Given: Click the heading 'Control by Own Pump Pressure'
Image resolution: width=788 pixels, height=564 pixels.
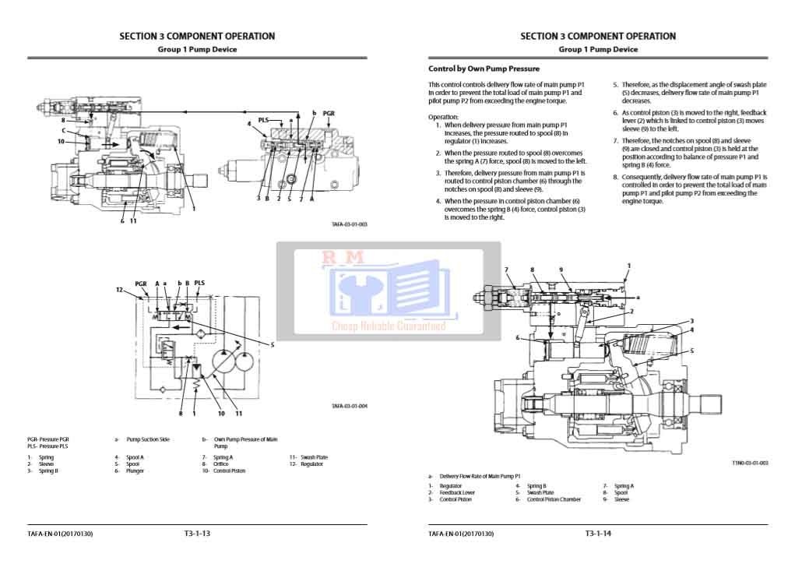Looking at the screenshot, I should pyautogui.click(x=484, y=69).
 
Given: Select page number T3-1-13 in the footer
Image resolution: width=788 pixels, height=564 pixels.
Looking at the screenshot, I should pyautogui.click(x=197, y=534).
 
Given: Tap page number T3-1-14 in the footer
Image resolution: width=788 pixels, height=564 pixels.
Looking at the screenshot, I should pyautogui.click(x=598, y=534).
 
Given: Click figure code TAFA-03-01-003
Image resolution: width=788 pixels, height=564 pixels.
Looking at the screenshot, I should pyautogui.click(x=349, y=224).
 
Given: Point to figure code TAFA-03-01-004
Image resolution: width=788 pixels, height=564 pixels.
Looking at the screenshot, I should pyautogui.click(x=349, y=406).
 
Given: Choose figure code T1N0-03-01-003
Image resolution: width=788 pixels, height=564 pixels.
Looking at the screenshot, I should pyautogui.click(x=749, y=463).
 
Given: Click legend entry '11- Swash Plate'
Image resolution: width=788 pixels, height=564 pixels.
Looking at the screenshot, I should pyautogui.click(x=309, y=457).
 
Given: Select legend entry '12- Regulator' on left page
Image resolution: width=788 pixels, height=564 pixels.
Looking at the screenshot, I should pyautogui.click(x=307, y=464).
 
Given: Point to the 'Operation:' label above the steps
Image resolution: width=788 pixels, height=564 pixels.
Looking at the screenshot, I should pyautogui.click(x=443, y=117).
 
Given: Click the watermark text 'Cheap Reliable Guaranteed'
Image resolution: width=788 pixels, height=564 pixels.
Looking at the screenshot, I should pyautogui.click(x=389, y=326).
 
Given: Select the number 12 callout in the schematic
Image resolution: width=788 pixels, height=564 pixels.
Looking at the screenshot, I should pyautogui.click(x=119, y=290).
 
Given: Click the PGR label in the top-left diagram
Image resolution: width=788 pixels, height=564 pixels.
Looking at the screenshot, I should pyautogui.click(x=329, y=113).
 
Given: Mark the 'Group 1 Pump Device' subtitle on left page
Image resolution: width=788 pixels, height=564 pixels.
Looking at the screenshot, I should pyautogui.click(x=197, y=50).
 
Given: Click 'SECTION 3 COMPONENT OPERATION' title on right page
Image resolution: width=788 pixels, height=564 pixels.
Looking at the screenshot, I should pyautogui.click(x=598, y=36).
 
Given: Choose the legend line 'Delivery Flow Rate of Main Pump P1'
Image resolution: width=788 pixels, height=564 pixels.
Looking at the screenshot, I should pyautogui.click(x=479, y=476).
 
